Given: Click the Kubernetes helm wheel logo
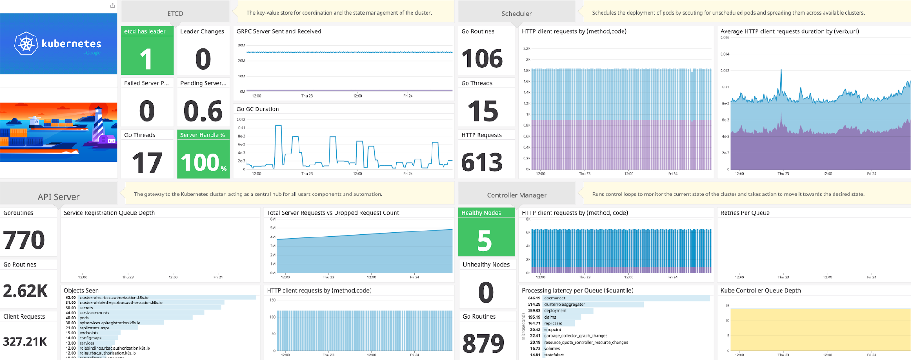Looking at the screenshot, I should (26, 44).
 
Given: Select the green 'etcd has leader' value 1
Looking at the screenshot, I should (146, 59).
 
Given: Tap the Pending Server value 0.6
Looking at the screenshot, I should (203, 111).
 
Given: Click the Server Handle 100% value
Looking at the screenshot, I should (203, 163).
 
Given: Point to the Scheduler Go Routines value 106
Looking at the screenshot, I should (482, 59).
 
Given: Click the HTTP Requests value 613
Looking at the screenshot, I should (482, 163).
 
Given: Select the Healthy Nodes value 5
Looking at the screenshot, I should (484, 241).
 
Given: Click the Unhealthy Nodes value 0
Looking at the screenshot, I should (486, 292).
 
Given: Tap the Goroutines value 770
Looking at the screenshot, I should (24, 240).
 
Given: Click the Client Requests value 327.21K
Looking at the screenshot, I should (25, 342).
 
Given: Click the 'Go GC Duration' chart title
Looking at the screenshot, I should (257, 109).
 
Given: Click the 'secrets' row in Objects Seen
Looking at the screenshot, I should (86, 308).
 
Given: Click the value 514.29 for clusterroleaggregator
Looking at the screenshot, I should (534, 304).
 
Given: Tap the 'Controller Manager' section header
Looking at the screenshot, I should (516, 195).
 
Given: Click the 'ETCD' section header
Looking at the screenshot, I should (175, 14).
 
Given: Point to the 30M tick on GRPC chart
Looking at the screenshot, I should (242, 46).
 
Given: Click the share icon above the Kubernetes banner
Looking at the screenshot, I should (113, 5).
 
